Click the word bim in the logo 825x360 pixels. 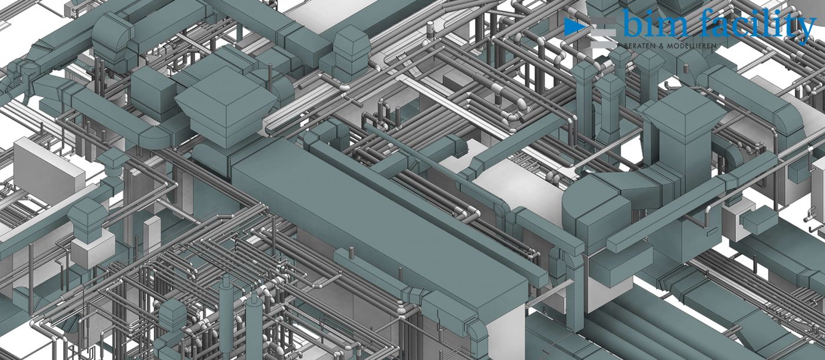pos(653,26)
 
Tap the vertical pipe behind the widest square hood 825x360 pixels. pos(270,74)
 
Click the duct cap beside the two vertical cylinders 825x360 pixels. pos(173,315)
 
